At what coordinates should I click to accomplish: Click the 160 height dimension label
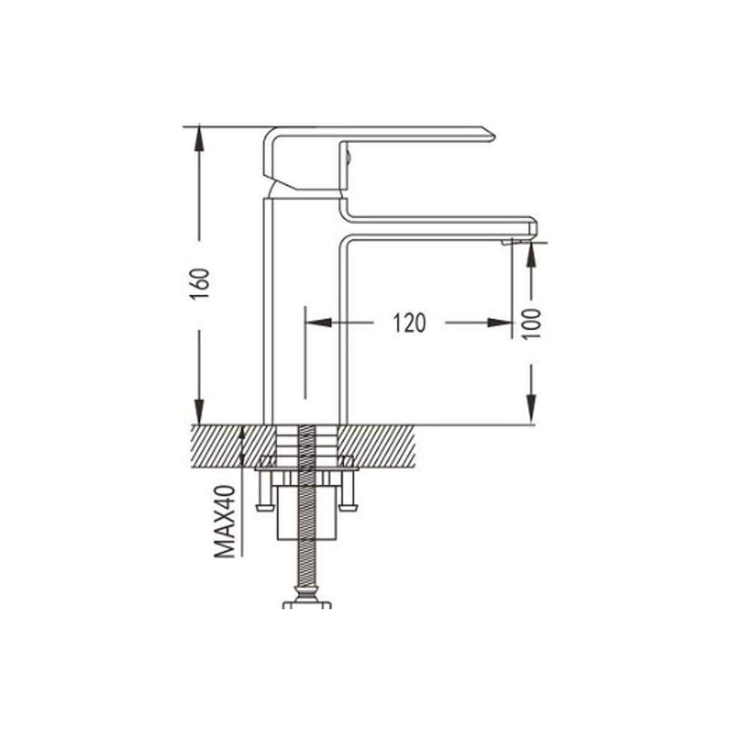tap(200, 284)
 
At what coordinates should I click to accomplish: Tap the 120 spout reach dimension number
tap(409, 323)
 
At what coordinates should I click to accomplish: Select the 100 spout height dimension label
tap(531, 323)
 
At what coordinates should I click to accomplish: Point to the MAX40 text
tap(225, 521)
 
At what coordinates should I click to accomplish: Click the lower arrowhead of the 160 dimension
tap(199, 412)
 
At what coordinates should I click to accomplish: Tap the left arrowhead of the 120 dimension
tap(319, 323)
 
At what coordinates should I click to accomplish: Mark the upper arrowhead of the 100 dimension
tap(531, 255)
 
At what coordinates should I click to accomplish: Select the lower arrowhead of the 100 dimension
tap(531, 410)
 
